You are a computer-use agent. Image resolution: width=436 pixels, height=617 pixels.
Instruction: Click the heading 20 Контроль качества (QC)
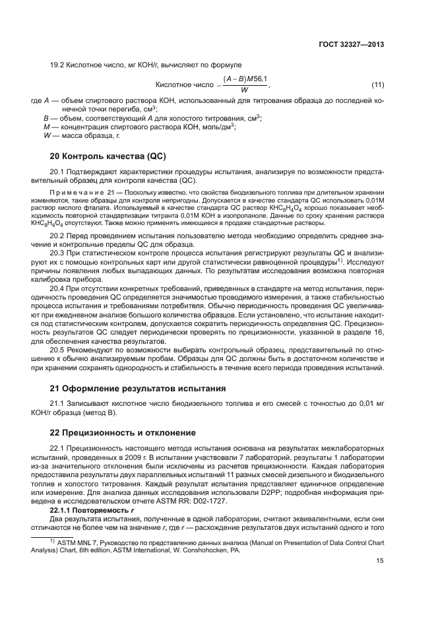pos(108,156)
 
